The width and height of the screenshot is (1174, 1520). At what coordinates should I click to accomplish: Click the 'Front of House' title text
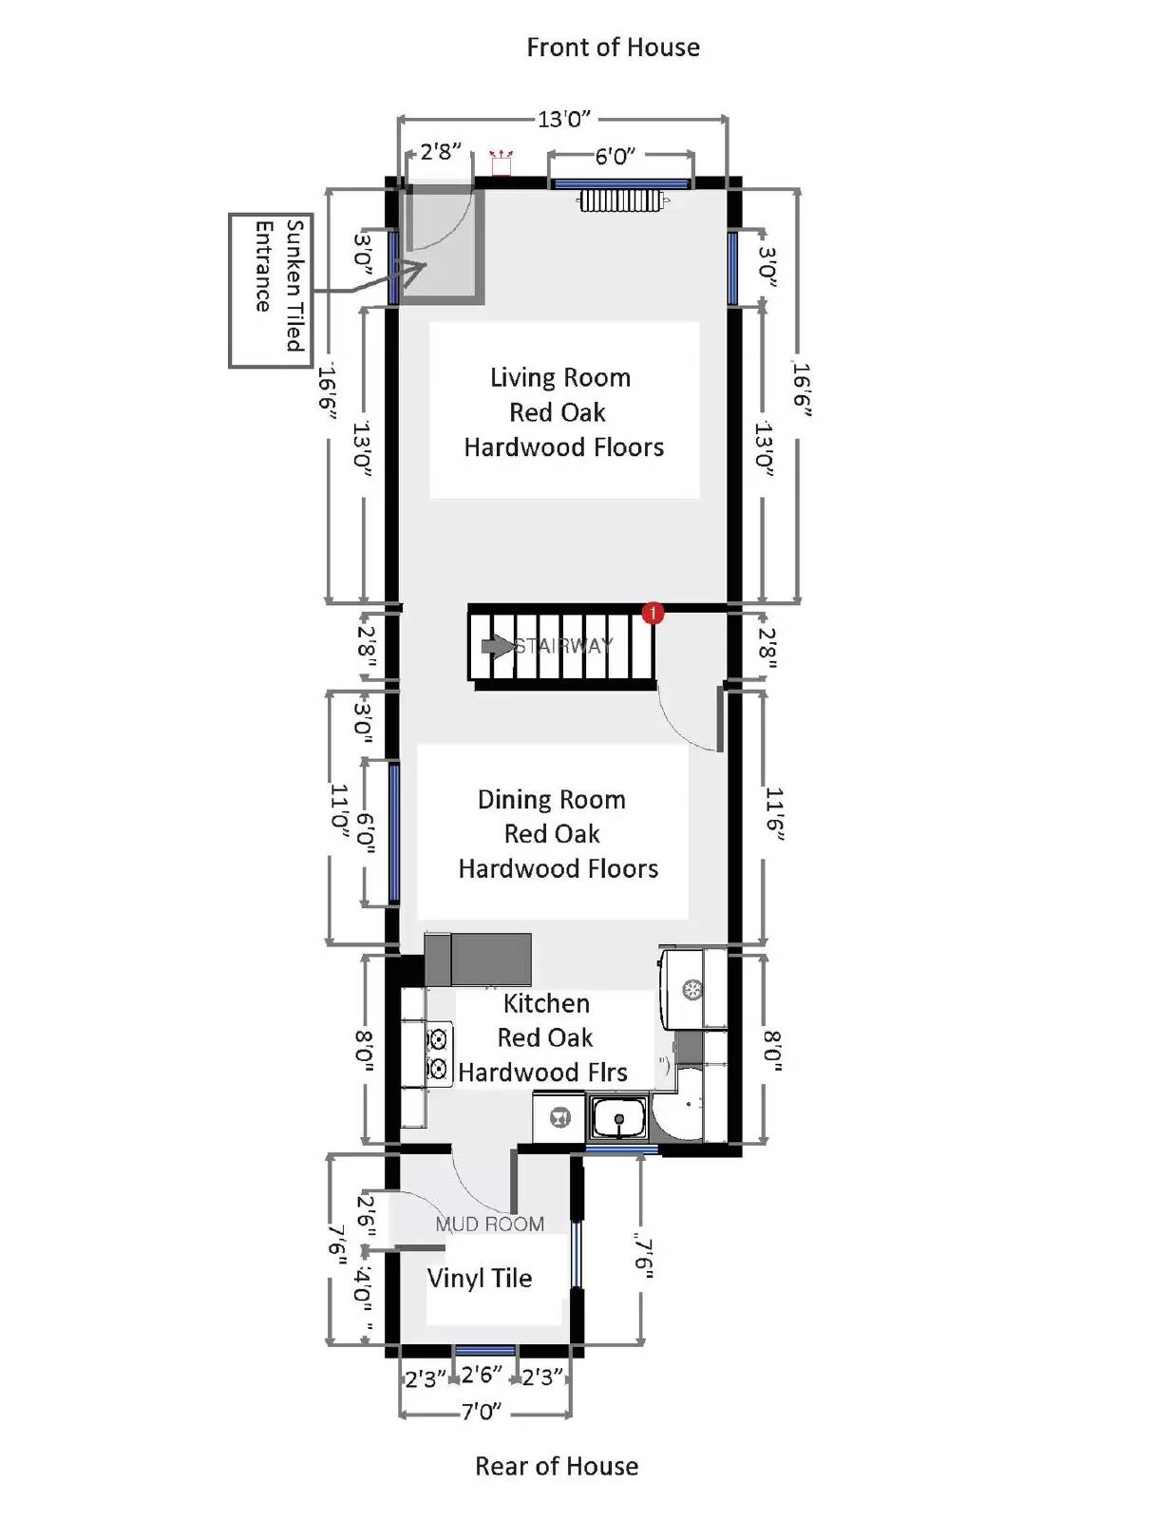point(613,47)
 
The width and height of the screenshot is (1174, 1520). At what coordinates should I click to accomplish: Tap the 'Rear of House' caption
point(557,1466)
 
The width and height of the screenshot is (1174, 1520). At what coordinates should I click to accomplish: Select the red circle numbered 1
point(653,613)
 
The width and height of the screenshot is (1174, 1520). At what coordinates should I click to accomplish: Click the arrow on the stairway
point(498,646)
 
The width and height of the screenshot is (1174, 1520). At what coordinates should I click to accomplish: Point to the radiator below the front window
point(621,201)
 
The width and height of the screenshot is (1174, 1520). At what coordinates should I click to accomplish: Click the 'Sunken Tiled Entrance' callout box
point(271,291)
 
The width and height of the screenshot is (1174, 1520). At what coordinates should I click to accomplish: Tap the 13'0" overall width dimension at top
point(563,120)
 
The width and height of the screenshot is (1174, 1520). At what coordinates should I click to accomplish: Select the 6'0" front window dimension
point(615,156)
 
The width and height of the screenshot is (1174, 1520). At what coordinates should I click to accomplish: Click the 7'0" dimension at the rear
point(481,1412)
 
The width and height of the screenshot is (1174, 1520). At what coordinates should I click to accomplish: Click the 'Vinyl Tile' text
point(480,1278)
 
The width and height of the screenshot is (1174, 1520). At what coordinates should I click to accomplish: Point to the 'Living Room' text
point(560,378)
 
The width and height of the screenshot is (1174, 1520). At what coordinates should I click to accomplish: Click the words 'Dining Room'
point(552,800)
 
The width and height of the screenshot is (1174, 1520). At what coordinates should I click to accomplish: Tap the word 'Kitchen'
point(547,1003)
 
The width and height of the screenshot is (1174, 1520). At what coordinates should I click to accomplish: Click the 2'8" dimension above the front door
point(441,151)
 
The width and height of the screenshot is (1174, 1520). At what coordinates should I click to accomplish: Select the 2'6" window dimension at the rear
point(481,1375)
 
